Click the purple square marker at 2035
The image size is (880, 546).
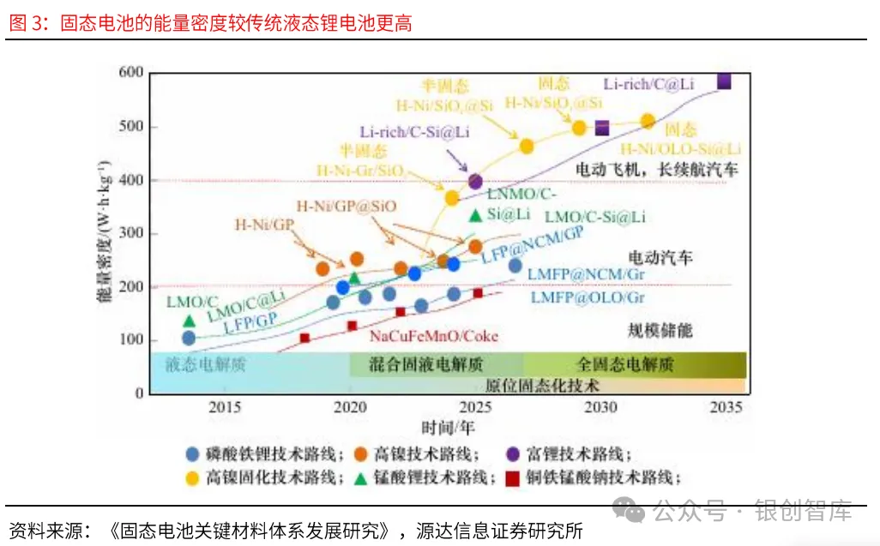click(x=724, y=81)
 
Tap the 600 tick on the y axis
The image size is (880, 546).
click(x=130, y=73)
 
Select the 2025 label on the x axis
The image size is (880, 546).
click(x=474, y=406)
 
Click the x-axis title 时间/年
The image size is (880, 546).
click(x=447, y=426)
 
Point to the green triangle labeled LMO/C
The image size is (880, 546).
click(x=189, y=321)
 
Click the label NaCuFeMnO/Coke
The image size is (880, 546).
click(x=434, y=336)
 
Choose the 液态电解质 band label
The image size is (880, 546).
click(x=206, y=364)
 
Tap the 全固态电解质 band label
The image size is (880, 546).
click(x=624, y=364)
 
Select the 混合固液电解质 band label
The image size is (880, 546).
click(x=426, y=364)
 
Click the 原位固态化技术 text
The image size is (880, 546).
click(x=543, y=385)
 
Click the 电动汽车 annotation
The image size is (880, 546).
click(x=660, y=257)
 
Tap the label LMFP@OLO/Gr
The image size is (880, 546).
click(x=587, y=298)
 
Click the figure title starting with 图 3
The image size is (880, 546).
click(x=210, y=23)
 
